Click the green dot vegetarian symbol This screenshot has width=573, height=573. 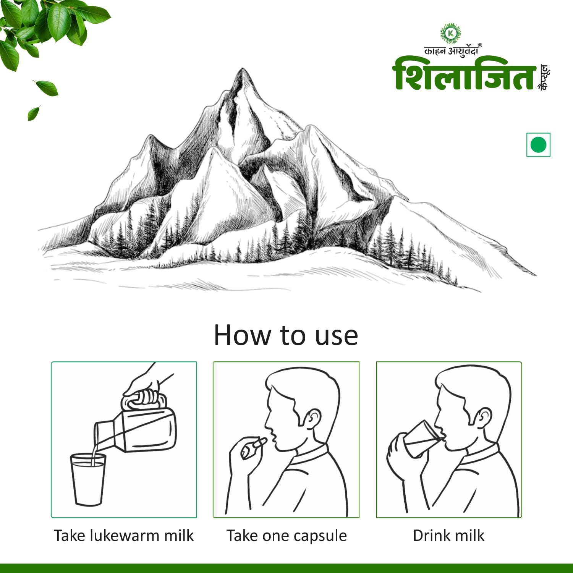(538, 145)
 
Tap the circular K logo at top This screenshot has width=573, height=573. (451, 34)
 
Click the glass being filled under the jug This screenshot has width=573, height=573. (88, 479)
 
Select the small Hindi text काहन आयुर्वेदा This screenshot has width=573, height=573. (451, 51)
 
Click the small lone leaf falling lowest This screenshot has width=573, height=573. (34, 113)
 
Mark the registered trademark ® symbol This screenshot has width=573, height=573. (480, 45)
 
